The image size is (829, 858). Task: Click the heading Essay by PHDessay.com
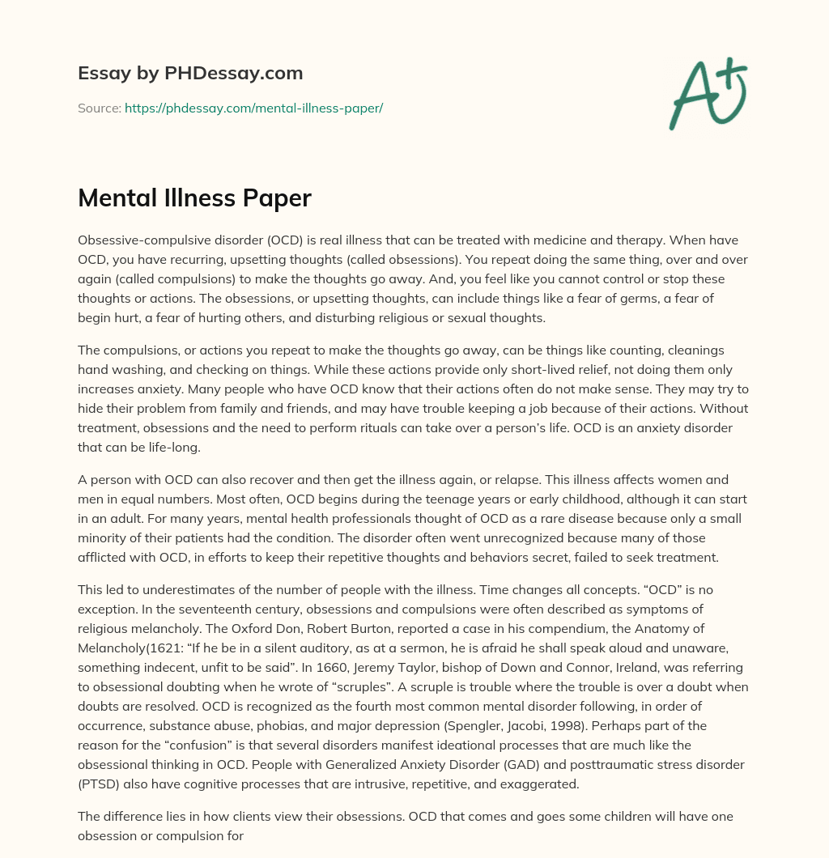click(190, 74)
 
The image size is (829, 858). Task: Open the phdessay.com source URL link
click(253, 108)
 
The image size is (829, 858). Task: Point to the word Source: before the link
click(99, 108)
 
